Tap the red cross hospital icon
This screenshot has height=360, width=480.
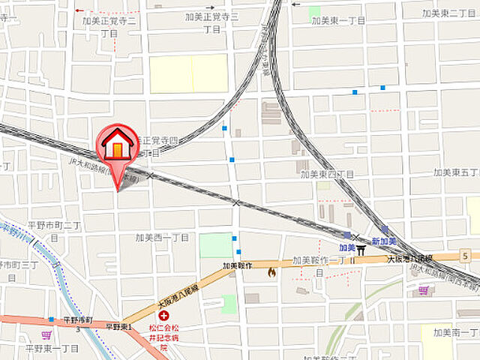(x=163, y=316)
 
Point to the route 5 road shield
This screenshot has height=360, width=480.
(x=466, y=257)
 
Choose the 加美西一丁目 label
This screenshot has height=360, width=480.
(x=162, y=237)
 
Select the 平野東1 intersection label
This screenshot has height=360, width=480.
(x=118, y=326)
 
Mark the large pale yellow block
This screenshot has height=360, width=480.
(x=188, y=73)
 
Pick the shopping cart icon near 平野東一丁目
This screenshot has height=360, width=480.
(x=46, y=334)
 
